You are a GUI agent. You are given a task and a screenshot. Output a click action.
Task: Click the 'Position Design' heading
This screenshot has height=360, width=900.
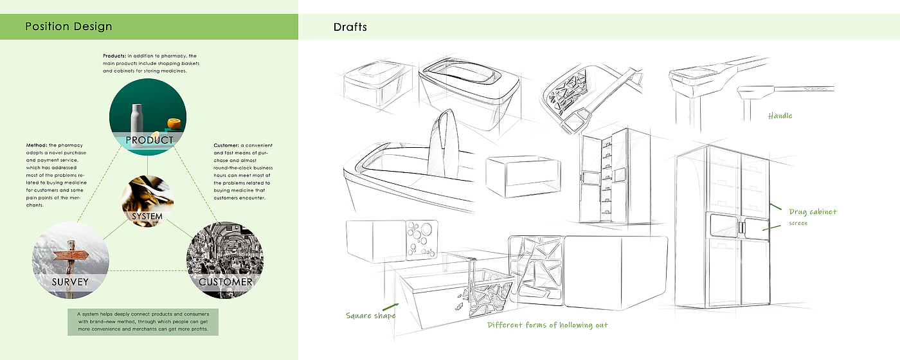(x=69, y=26)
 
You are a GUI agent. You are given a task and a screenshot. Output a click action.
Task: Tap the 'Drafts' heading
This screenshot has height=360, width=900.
(x=350, y=27)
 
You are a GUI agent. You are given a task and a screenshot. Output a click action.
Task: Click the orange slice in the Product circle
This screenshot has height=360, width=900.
(x=174, y=123)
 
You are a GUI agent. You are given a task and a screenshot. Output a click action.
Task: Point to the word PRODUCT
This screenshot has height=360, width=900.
(x=149, y=140)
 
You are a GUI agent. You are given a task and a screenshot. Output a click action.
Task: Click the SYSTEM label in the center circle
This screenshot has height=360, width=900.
(x=147, y=217)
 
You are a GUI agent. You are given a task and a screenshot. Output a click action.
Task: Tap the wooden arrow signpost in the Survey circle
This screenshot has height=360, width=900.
(x=71, y=256)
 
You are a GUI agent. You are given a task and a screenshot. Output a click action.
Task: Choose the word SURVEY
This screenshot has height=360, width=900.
(x=70, y=282)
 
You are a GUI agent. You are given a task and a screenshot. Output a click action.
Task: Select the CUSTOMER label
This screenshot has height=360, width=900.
(x=226, y=282)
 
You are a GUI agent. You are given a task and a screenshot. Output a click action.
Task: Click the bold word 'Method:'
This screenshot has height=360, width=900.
(x=37, y=145)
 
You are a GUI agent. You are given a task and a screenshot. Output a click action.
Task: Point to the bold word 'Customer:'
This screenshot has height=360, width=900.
(x=226, y=145)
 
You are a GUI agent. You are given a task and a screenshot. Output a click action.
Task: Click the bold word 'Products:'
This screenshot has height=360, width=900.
(x=114, y=56)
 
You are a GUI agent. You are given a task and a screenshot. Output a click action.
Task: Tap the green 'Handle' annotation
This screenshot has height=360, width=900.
(x=780, y=116)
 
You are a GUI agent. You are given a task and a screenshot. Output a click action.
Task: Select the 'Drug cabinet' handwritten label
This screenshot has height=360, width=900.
(x=813, y=212)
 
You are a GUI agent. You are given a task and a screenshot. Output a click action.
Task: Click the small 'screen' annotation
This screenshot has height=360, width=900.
(x=798, y=223)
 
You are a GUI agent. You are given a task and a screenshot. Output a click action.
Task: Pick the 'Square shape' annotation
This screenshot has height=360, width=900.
(x=371, y=316)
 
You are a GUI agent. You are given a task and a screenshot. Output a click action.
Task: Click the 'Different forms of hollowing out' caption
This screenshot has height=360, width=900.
(x=547, y=325)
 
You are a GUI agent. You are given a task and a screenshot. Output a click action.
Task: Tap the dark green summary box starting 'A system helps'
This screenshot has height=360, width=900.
(x=143, y=322)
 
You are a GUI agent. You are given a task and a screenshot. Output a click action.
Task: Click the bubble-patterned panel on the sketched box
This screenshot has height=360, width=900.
(x=422, y=240)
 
